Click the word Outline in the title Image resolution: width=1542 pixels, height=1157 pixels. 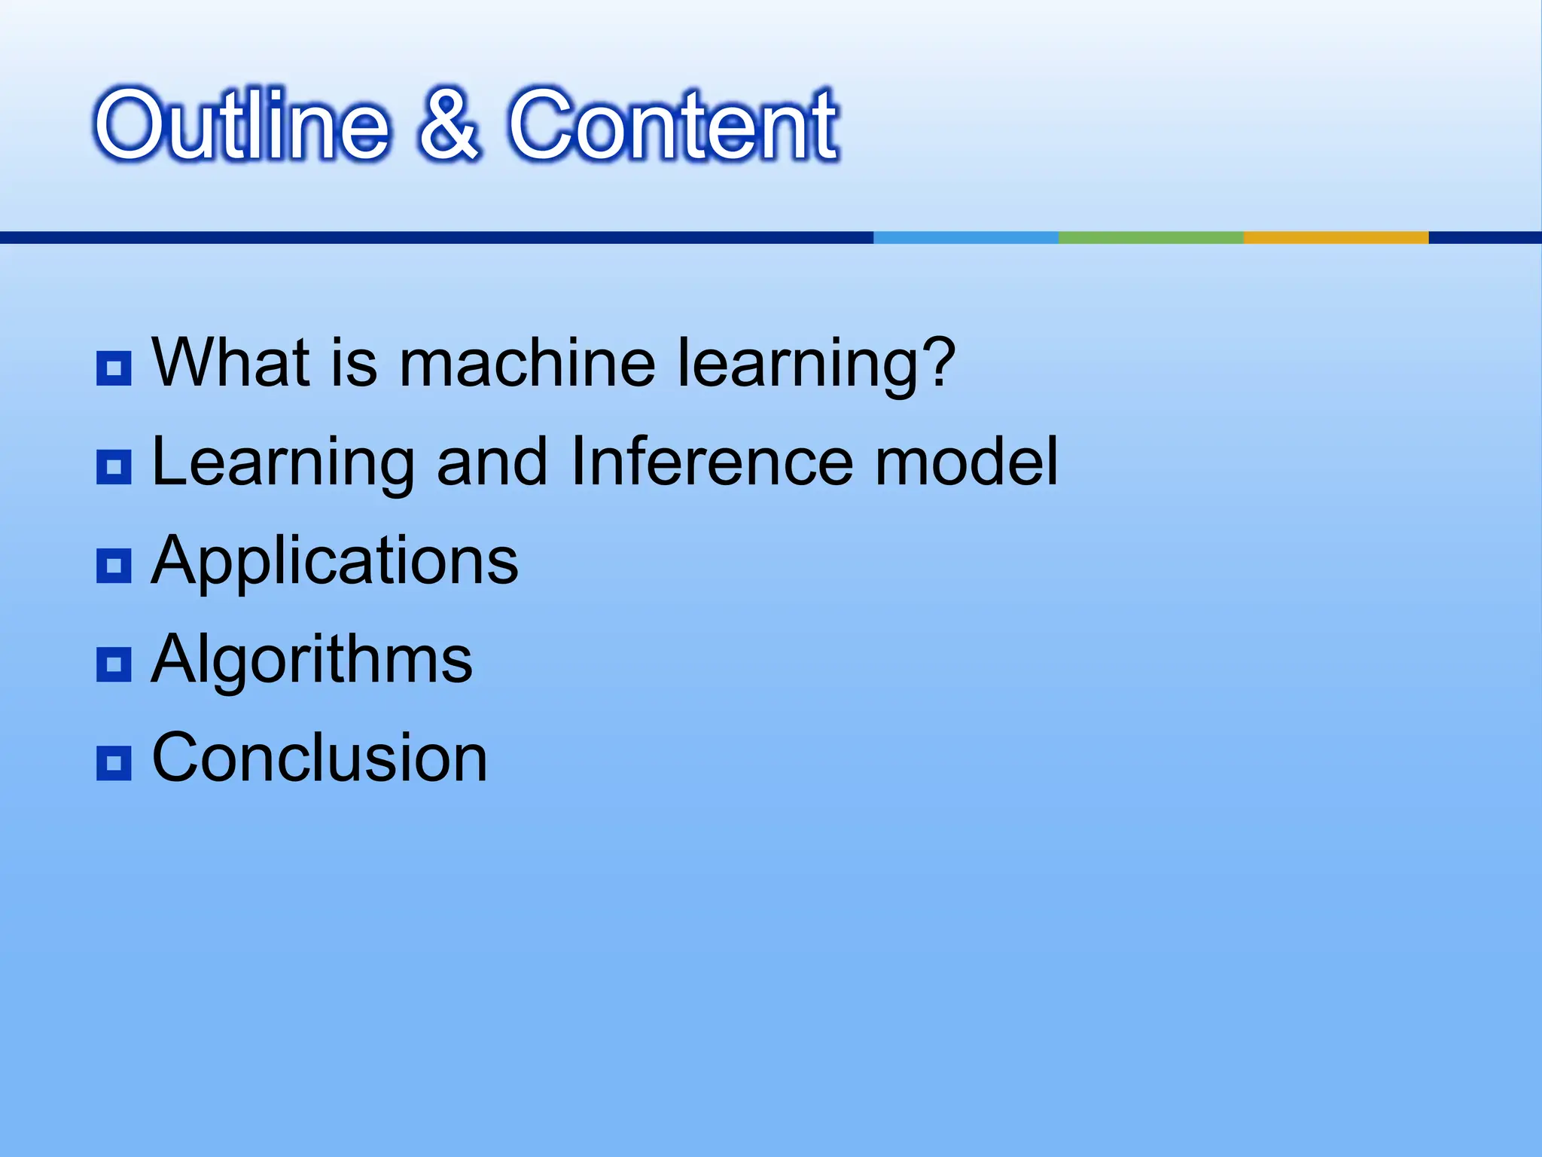coord(241,124)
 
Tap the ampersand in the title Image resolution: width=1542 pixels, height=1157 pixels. coord(449,124)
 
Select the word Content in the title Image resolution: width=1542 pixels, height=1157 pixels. coord(672,124)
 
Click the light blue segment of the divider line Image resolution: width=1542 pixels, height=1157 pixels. coord(965,237)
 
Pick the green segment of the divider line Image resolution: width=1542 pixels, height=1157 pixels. coord(1150,237)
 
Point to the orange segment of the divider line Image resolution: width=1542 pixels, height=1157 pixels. coord(1335,237)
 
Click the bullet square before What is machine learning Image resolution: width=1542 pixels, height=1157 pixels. coord(114,368)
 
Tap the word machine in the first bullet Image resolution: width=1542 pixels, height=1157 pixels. coord(526,363)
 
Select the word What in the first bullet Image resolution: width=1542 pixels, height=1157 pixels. coord(230,363)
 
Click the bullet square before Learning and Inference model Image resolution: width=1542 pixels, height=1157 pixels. coord(114,467)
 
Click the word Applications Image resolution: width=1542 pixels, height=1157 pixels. coord(334,561)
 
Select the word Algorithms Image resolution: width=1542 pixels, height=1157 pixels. coord(312,660)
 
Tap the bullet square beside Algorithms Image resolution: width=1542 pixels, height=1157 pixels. coord(114,664)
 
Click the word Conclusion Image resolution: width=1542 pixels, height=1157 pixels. coord(319,758)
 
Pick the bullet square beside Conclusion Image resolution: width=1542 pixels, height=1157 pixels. coord(114,763)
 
